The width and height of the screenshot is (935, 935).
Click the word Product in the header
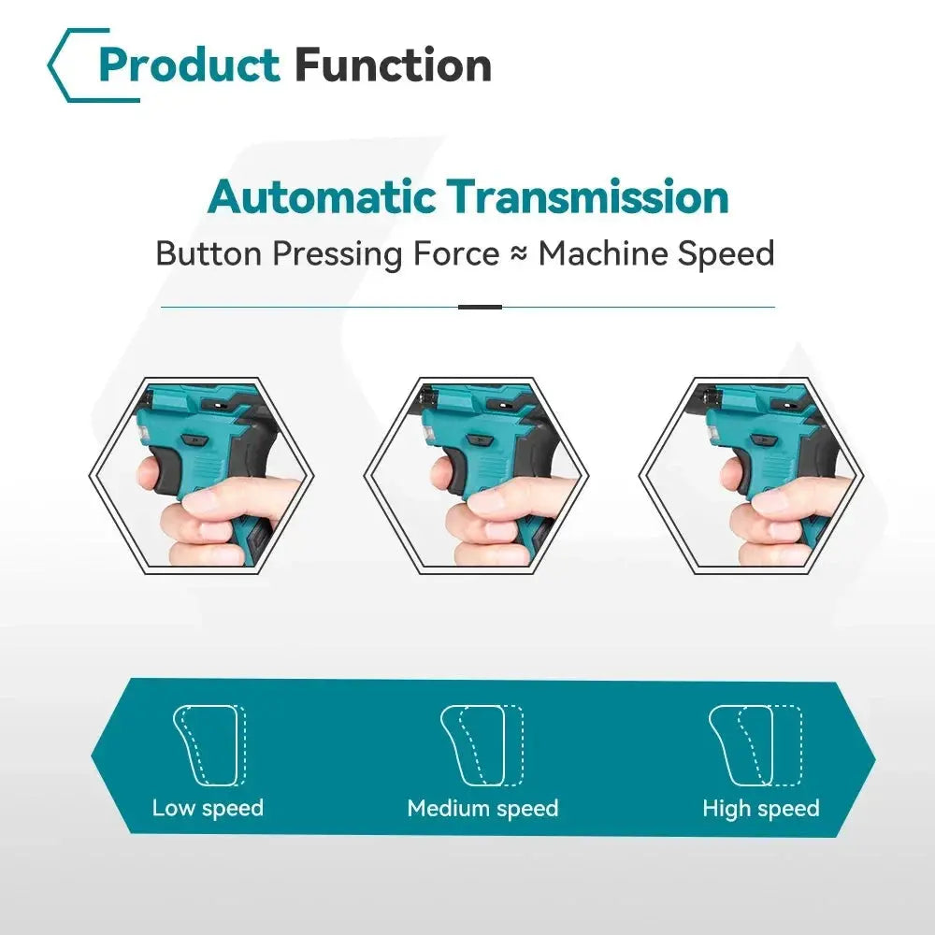pyautogui.click(x=189, y=65)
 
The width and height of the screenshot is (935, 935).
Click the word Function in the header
pyautogui.click(x=393, y=65)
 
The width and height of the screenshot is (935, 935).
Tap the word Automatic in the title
pyautogui.click(x=322, y=196)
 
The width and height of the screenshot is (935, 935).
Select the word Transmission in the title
pyautogui.click(x=587, y=196)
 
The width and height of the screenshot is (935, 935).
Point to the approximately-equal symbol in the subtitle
pyautogui.click(x=519, y=254)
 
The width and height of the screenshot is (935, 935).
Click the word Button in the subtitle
pyautogui.click(x=209, y=253)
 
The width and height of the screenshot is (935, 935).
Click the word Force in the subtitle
pyautogui.click(x=456, y=253)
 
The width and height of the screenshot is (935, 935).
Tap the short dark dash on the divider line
pyautogui.click(x=480, y=307)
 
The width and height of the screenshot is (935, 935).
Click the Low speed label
pyautogui.click(x=208, y=808)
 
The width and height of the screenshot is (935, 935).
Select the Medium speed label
pyautogui.click(x=482, y=808)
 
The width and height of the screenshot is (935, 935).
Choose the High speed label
pyautogui.click(x=761, y=808)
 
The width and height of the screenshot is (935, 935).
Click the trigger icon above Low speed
pyautogui.click(x=209, y=745)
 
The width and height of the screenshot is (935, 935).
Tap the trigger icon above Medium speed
pyautogui.click(x=482, y=745)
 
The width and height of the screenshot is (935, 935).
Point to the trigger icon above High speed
pyautogui.click(x=755, y=745)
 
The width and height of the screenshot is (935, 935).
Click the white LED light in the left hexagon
pyautogui.click(x=144, y=435)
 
